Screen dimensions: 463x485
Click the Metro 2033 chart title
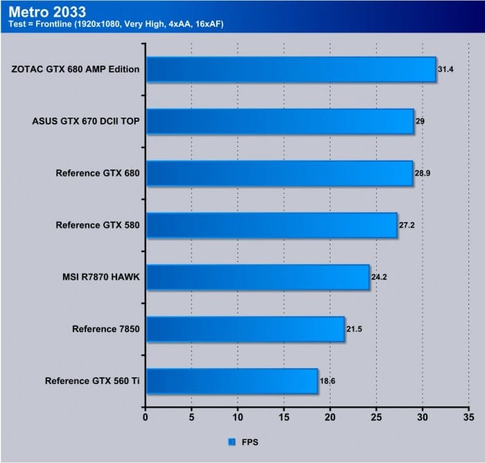click(x=48, y=12)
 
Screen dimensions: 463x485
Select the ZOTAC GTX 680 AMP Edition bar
click(x=291, y=69)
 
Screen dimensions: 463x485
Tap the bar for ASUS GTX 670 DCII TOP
click(x=280, y=121)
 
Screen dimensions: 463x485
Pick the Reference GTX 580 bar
click(x=272, y=225)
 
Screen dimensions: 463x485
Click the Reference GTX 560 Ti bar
click(x=231, y=381)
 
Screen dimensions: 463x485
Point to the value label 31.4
click(x=445, y=69)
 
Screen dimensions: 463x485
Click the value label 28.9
click(x=423, y=173)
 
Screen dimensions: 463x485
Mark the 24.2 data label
click(x=379, y=277)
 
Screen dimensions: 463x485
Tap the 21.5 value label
click(x=354, y=329)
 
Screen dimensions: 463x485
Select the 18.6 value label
click(x=327, y=381)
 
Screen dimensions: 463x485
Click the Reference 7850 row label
click(x=106, y=329)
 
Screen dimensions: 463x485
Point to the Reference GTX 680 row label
click(x=98, y=173)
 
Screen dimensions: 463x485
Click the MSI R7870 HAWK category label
click(x=101, y=277)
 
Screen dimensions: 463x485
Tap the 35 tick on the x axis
click(x=469, y=417)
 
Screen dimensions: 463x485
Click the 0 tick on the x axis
click(x=145, y=417)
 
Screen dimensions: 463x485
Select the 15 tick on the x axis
click(x=284, y=417)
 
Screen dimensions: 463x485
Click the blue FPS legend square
click(x=231, y=441)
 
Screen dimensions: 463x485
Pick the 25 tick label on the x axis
click(x=376, y=417)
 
